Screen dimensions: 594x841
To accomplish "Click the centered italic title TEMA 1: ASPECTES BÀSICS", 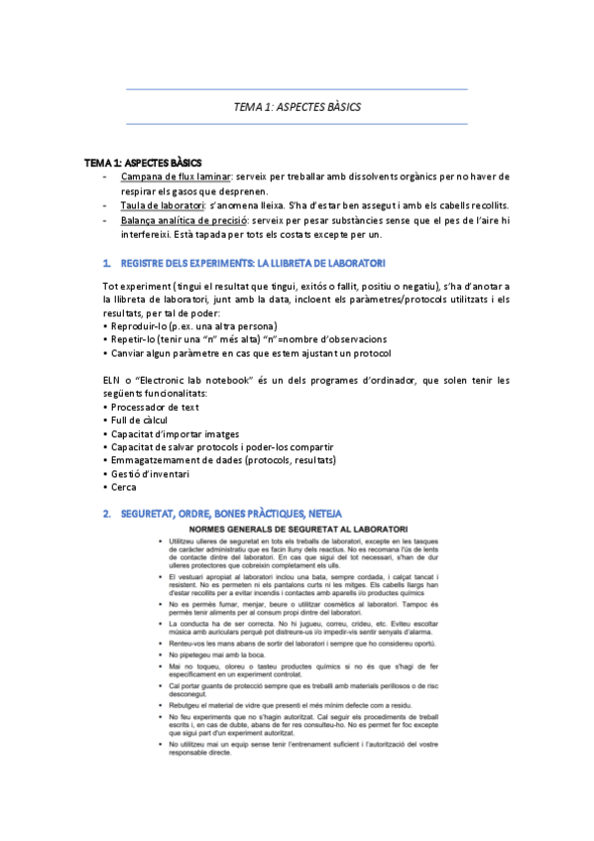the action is tap(297, 106).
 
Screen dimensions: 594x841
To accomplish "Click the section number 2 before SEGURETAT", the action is tap(106, 514).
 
